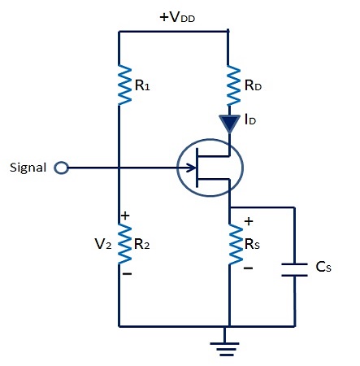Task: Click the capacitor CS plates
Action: (293, 269)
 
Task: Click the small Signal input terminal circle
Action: (60, 168)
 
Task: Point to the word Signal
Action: (28, 168)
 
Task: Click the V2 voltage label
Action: (100, 243)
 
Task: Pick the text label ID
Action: (251, 122)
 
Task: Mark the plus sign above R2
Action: (125, 216)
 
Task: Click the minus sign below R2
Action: (126, 274)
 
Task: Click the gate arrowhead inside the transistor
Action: (191, 169)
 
